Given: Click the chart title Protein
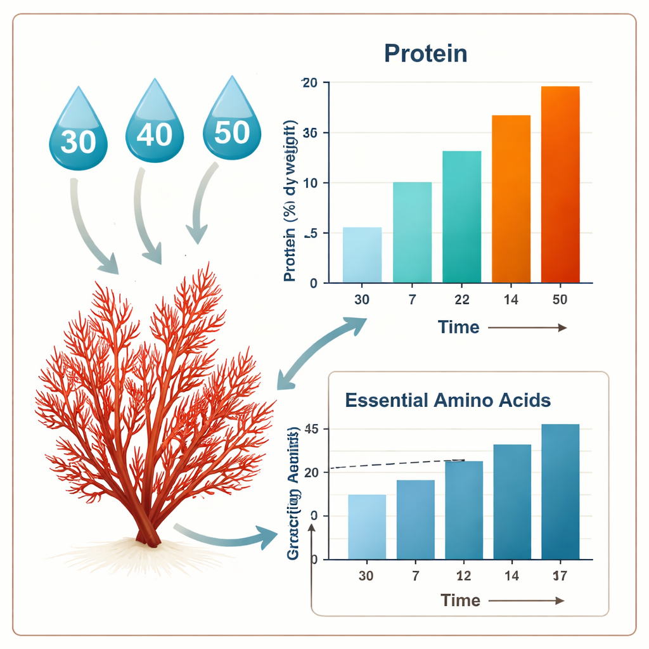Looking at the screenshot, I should pos(425,54).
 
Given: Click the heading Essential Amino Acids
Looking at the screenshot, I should pos(447,401).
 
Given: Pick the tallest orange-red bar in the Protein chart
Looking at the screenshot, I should pos(560,184).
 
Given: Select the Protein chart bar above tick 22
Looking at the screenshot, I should pos(461,217).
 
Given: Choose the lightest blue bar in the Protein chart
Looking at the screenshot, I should pos(362,255).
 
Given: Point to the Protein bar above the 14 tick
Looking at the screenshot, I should pos(511,198).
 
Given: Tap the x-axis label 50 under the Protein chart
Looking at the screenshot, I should pos(560,300).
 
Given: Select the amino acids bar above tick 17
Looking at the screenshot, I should pos(560,492).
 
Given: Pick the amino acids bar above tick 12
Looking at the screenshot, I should pos(464,510).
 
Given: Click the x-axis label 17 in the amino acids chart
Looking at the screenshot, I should pos(560,576).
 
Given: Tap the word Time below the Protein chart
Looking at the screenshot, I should pos(458,328).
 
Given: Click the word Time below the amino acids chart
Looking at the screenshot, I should pos(460,600).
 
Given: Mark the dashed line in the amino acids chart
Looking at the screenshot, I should pos(397,464).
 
